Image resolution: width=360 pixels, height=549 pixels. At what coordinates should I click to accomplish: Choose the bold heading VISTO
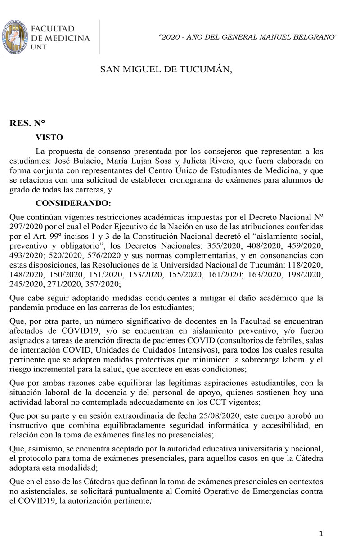[x=49, y=138]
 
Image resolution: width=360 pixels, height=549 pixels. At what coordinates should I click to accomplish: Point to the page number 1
[x=321, y=534]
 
